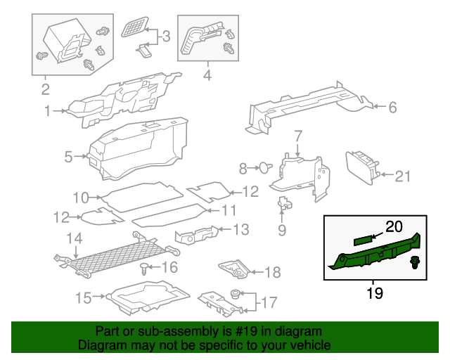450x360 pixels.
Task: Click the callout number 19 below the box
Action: pos(375,293)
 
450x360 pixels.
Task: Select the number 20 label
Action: pos(393,226)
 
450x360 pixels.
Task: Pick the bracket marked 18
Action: pos(231,270)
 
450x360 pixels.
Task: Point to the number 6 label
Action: pos(392,108)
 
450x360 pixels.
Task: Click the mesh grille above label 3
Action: pos(133,28)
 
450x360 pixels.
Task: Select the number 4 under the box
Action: pos(207,74)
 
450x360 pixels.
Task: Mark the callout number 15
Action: pos(83,298)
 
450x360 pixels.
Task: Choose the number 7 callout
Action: pos(297,135)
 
